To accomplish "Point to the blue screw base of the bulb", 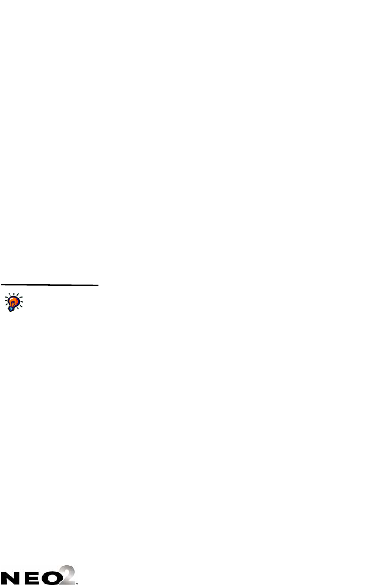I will click(11, 308).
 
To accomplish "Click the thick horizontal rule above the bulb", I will click(49, 285).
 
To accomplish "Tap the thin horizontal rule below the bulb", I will click(49, 366).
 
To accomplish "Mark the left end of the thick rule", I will click(1, 285).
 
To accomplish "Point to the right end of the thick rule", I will click(98, 285).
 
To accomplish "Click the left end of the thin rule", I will click(1, 366).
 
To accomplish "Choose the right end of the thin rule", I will click(98, 366).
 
